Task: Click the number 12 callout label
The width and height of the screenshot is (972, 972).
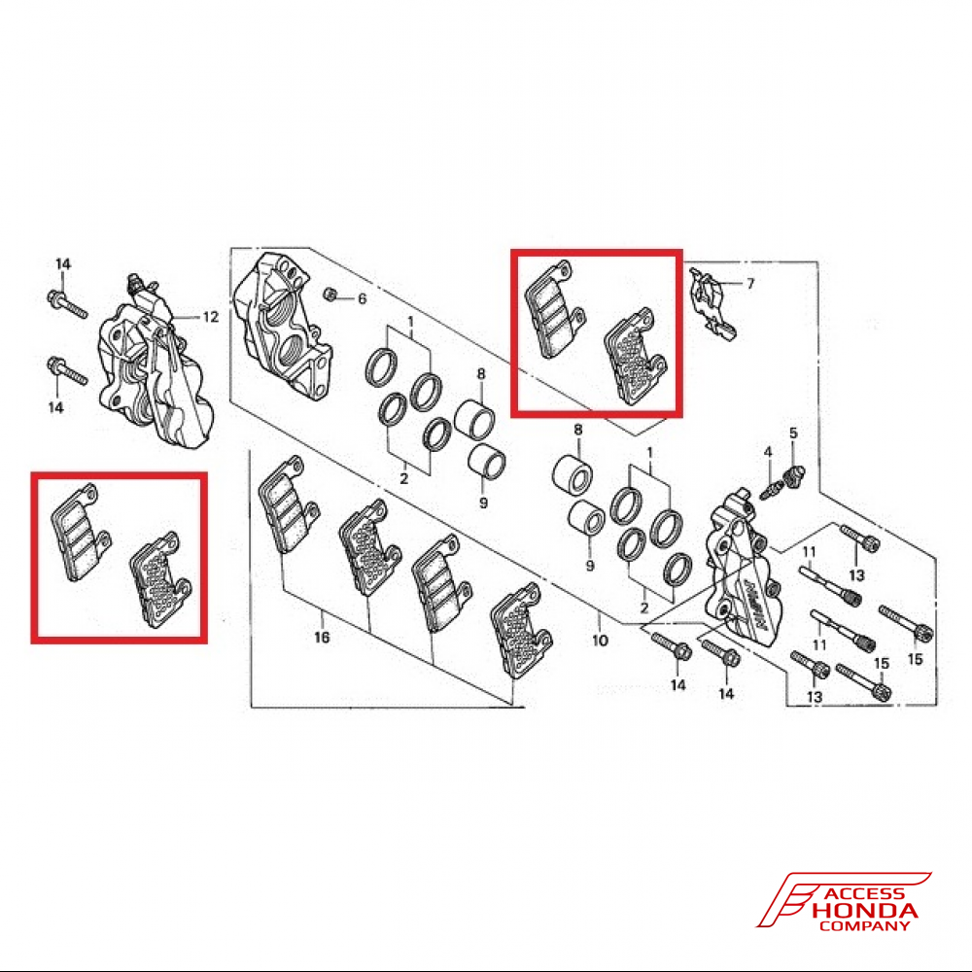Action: pos(210,317)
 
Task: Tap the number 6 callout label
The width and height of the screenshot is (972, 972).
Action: pos(362,298)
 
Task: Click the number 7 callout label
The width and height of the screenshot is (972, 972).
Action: pos(750,283)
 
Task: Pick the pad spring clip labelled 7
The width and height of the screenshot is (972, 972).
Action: pos(712,301)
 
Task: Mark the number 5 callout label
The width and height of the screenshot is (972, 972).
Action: pos(793,433)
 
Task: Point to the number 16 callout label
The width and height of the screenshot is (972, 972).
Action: pos(322,638)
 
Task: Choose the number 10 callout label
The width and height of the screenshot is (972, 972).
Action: pos(600,641)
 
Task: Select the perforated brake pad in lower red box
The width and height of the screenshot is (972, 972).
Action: pos(159,584)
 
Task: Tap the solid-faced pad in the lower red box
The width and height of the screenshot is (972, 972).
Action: pos(81,534)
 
